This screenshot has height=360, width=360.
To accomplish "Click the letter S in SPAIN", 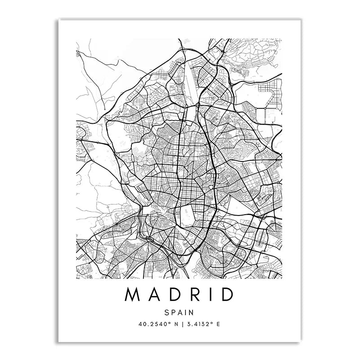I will [166, 312].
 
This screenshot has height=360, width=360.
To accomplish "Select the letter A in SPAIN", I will [180, 312].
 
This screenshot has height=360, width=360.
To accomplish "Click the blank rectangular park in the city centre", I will [189, 211].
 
